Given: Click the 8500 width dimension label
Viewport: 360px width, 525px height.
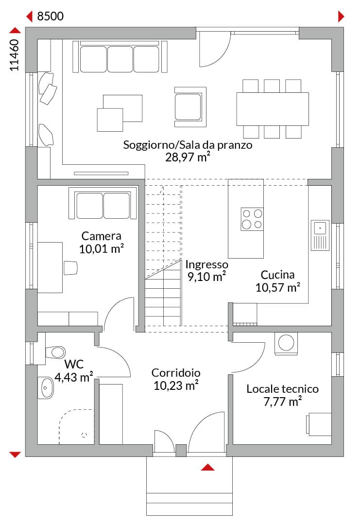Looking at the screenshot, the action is (x=50, y=16).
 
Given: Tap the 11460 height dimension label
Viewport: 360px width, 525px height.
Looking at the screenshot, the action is (x=15, y=55).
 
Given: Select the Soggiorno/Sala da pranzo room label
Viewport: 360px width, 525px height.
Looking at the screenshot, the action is (x=188, y=145).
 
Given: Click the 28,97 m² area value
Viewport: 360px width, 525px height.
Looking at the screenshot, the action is (x=188, y=157).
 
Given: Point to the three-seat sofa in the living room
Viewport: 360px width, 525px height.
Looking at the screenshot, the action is (x=120, y=57).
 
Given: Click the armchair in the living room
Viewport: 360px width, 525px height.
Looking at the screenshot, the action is (x=190, y=107).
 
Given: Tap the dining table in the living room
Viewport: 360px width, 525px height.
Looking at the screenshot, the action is (x=273, y=109).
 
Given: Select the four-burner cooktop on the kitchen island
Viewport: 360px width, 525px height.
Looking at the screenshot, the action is (x=252, y=219).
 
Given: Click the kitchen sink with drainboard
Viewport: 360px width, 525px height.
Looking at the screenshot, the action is (x=320, y=235).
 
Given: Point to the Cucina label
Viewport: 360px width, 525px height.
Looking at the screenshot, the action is (x=278, y=275).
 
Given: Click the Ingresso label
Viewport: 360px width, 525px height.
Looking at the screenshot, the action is (x=207, y=264).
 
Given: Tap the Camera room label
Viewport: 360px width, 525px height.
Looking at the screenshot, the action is (x=102, y=236).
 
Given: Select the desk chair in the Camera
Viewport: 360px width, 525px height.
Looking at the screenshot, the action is (x=70, y=268).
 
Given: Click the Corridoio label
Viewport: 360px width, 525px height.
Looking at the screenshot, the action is (x=176, y=373).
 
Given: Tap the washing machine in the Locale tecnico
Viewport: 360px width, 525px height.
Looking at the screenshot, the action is (x=286, y=343).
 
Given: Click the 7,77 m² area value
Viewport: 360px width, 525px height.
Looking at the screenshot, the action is (x=283, y=401).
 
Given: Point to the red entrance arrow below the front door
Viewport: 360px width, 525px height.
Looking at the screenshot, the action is (x=207, y=467).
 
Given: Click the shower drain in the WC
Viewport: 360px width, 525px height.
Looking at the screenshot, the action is (x=84, y=435).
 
